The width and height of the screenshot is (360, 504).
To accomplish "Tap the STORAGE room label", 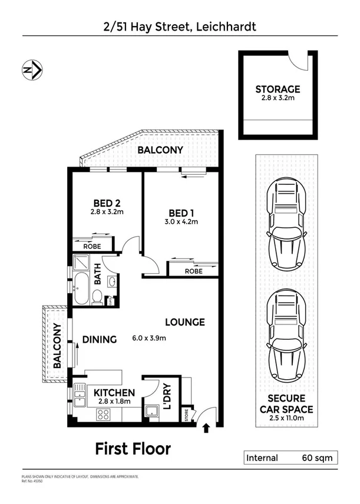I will click(x=278, y=89).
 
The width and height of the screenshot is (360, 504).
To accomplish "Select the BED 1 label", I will click(x=182, y=213).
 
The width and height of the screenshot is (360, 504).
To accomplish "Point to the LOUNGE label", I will click(x=184, y=322).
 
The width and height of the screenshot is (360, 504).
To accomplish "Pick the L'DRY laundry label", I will click(x=167, y=398).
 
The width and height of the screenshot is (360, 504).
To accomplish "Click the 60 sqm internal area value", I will click(x=317, y=457).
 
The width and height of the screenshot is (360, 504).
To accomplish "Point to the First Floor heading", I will click(x=133, y=449).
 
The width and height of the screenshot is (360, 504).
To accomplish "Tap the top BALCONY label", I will click(x=160, y=150).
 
